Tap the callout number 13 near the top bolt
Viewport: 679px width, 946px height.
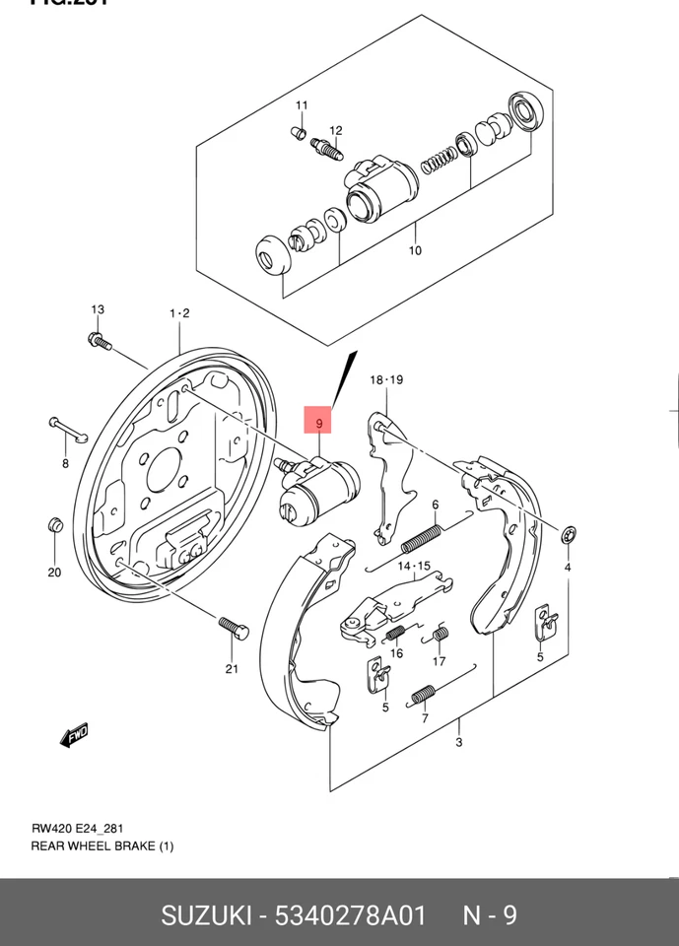tap(98, 310)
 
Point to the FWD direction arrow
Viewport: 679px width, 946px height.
tap(73, 735)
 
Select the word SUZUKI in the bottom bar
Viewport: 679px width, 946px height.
tap(203, 915)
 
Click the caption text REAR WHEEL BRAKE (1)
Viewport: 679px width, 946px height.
tap(102, 846)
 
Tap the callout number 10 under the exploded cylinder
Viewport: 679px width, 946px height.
tap(415, 250)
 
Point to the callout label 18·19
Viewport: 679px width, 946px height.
tap(387, 379)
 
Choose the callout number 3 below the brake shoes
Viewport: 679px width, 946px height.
tap(459, 742)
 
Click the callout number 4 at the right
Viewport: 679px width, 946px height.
tap(569, 567)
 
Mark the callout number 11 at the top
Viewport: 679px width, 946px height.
tap(302, 105)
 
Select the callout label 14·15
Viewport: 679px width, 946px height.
tap(415, 566)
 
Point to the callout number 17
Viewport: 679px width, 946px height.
tap(440, 661)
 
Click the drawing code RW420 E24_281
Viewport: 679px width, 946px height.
tap(77, 829)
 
